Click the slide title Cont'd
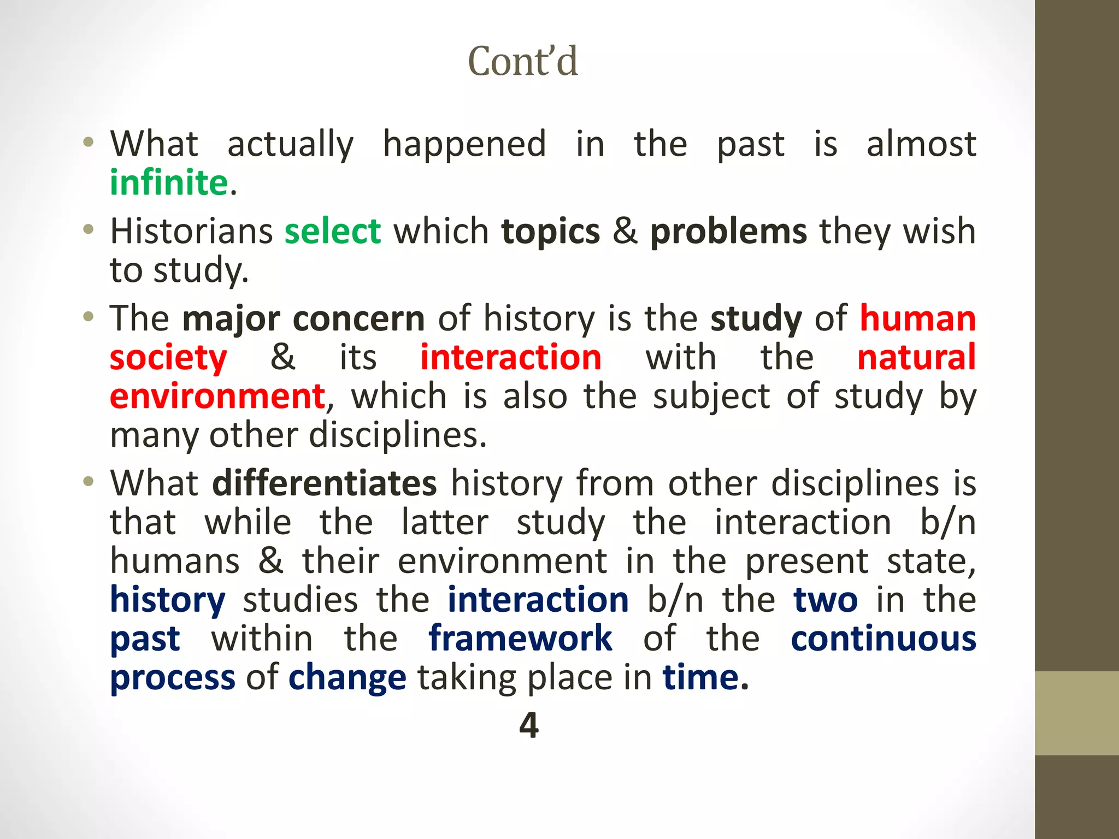(522, 61)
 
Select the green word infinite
(169, 182)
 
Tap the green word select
(332, 231)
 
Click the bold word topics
(551, 232)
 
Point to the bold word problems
(728, 232)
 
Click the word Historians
(191, 231)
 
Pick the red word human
(918, 318)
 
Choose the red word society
(168, 358)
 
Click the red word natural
(916, 357)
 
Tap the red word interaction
(511, 357)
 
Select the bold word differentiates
(325, 483)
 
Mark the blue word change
(347, 678)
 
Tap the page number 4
(529, 725)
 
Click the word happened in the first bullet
(464, 144)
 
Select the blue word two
(825, 600)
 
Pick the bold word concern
(358, 318)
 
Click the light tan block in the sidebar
(1076, 713)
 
